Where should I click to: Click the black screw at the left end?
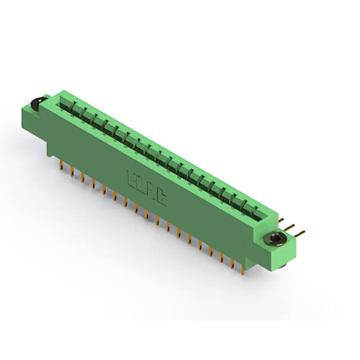coord(35,103)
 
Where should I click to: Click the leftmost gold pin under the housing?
coord(61,164)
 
